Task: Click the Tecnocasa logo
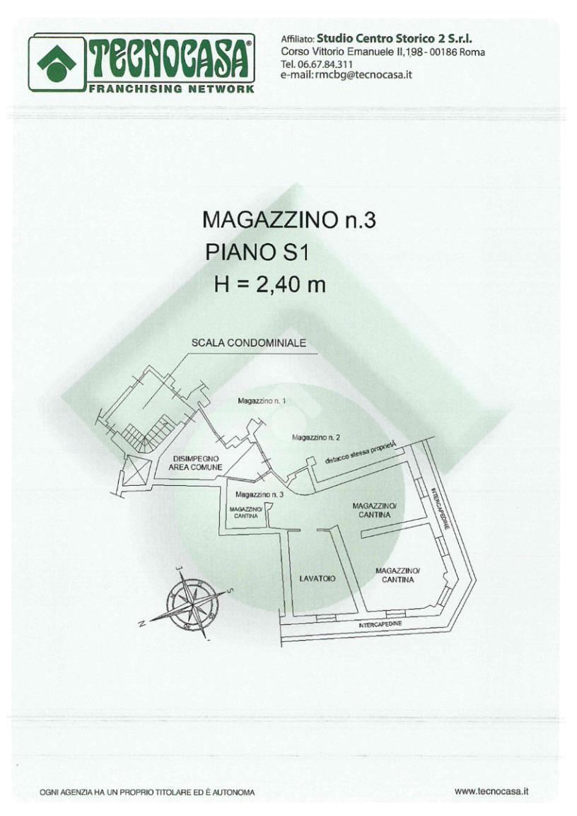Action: coord(141,64)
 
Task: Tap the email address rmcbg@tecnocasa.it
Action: coord(346,76)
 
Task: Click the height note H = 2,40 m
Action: coord(269,284)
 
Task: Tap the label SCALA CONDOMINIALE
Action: coord(248,343)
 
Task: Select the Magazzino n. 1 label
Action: coord(261,401)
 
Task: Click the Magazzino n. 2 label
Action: coord(316,438)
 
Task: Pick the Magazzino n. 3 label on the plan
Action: coord(260,494)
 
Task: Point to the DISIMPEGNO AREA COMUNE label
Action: coord(196,463)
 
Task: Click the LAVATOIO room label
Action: coord(317,578)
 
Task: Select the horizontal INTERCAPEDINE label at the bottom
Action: coord(380,625)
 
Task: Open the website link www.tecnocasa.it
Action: coord(491,791)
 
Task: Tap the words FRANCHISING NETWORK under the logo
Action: coord(171,90)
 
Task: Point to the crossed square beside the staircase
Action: coord(136,471)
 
